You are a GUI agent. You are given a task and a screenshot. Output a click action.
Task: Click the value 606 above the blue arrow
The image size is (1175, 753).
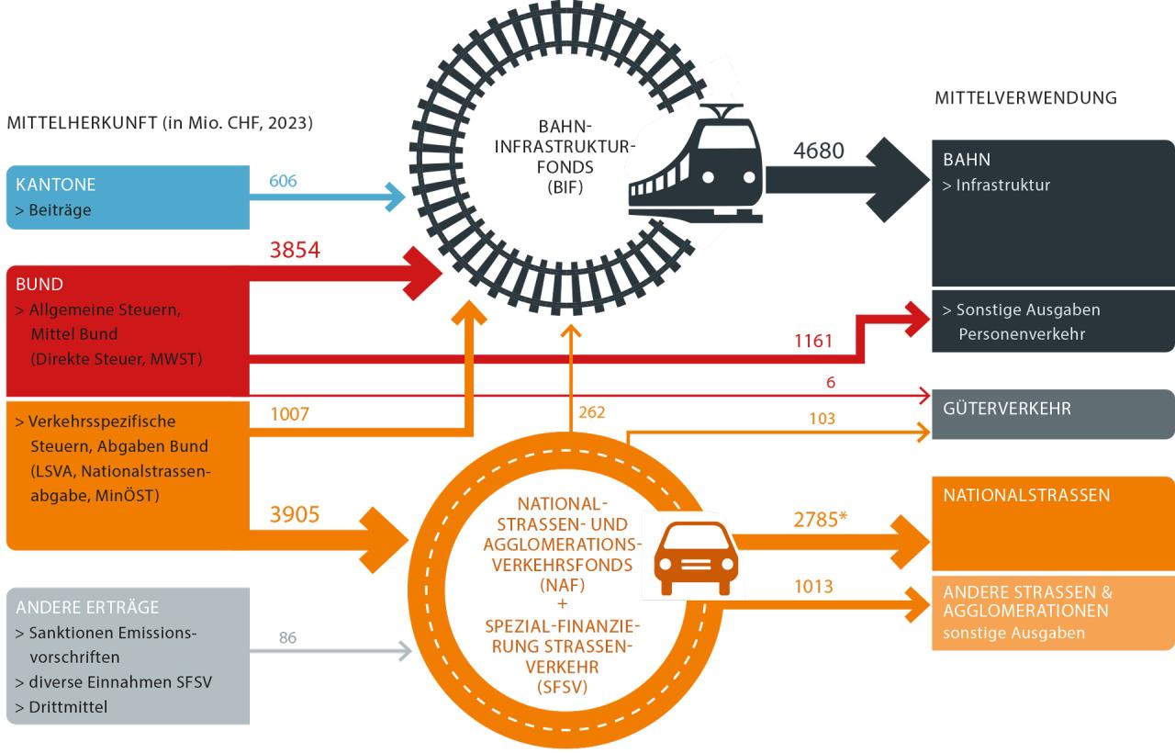click(x=283, y=181)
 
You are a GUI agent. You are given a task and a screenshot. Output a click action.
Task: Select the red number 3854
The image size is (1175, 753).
click(x=294, y=249)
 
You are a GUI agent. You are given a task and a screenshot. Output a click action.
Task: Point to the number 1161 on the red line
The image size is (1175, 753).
click(x=812, y=342)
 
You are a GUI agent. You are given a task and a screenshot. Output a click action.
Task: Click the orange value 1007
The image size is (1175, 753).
click(x=291, y=415)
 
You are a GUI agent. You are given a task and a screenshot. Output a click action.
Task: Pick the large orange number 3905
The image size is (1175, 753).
click(x=294, y=514)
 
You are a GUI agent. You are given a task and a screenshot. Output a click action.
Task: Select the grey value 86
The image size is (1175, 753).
click(x=287, y=637)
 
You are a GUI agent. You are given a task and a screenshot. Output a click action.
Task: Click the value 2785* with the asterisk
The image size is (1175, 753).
click(x=820, y=520)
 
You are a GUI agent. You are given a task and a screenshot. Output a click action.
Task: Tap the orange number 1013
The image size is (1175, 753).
click(x=813, y=586)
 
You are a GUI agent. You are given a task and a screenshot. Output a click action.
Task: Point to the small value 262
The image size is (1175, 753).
click(x=592, y=411)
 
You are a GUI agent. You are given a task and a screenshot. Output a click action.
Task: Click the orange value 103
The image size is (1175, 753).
click(x=822, y=419)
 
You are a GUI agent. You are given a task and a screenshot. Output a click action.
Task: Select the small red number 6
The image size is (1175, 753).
click(x=831, y=383)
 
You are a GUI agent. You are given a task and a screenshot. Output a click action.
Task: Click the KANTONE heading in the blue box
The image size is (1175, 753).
click(x=56, y=185)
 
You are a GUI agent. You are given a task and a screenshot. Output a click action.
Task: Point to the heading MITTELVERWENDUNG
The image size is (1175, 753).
click(x=1025, y=98)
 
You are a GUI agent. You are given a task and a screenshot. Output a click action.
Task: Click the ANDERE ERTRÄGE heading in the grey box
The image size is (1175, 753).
click(x=87, y=607)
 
